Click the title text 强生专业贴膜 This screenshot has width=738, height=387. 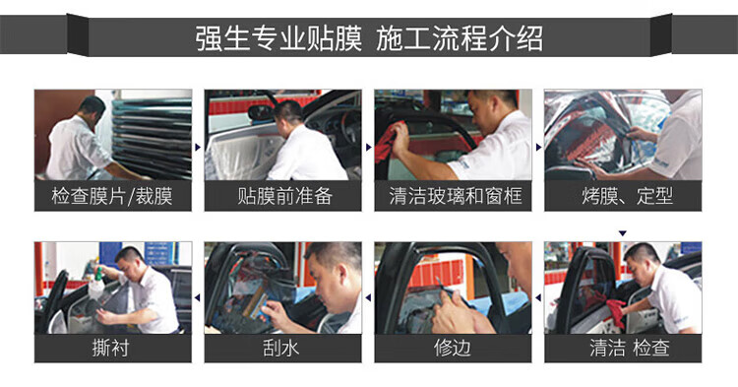[x=278, y=37]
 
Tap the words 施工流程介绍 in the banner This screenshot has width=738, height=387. [x=460, y=37]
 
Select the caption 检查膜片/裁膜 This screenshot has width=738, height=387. [x=112, y=196]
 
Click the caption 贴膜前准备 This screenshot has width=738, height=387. [x=284, y=196]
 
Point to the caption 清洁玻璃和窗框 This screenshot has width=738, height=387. [x=456, y=196]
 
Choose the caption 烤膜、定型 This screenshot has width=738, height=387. [x=627, y=196]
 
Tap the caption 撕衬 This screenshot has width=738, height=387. [x=111, y=349]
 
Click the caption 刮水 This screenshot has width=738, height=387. [x=281, y=349]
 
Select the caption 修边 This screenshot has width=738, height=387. [x=452, y=349]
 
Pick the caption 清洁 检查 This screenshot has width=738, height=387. [x=630, y=349]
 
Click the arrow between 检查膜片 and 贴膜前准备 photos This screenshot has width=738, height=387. [x=198, y=148]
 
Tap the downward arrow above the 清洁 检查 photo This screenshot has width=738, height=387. [x=623, y=233]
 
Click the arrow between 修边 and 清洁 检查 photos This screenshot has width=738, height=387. [x=538, y=297]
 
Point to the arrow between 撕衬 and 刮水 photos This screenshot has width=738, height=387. [x=198, y=297]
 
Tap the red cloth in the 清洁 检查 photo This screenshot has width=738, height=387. [x=616, y=311]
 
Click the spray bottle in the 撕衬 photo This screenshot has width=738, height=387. [x=97, y=281]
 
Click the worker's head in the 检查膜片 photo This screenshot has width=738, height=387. [x=92, y=107]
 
